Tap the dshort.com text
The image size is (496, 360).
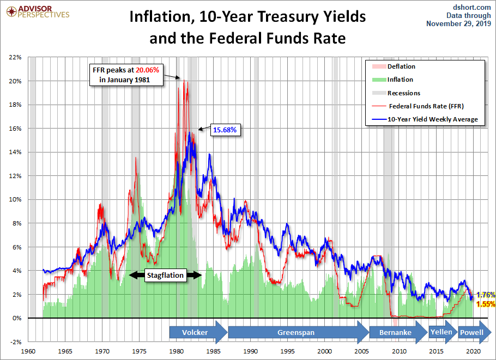click(473, 7)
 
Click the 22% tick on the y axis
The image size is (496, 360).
click(14, 57)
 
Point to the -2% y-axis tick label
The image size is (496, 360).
click(14, 341)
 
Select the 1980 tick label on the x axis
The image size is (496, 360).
click(176, 351)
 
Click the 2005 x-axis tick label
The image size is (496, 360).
click(361, 351)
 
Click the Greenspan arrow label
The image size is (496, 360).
click(296, 332)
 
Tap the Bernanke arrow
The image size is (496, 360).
click(396, 332)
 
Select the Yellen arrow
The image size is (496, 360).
click(443, 332)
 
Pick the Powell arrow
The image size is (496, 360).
click(473, 332)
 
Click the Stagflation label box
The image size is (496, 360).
click(166, 276)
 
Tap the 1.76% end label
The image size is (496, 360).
click(485, 295)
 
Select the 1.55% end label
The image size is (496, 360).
click(485, 304)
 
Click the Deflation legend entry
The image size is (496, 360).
click(401, 66)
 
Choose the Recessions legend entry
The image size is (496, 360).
click(404, 93)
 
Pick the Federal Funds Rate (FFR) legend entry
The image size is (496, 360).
click(426, 106)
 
